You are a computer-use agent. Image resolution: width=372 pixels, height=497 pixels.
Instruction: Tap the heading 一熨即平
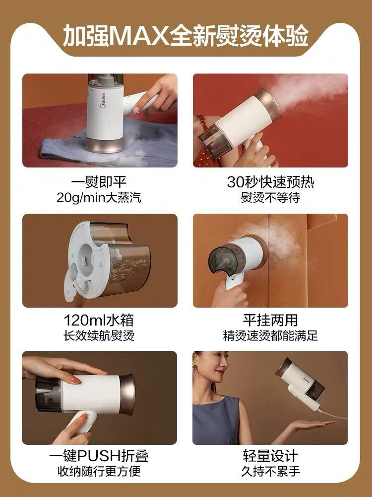100,182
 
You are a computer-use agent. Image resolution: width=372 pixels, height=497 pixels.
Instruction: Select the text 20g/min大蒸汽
100,197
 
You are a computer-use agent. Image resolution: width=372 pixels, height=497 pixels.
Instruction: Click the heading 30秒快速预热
270,182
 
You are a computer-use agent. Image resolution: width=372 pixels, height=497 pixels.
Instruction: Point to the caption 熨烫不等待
270,197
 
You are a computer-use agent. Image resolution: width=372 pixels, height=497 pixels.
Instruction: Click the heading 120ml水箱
100,320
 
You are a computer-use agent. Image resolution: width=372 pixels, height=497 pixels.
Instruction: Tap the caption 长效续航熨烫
100,335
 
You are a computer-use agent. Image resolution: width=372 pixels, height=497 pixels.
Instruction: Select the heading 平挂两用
270,320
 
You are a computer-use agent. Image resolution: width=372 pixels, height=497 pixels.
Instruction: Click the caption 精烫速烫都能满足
270,335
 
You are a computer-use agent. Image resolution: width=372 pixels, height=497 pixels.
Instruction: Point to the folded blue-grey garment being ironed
149,144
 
